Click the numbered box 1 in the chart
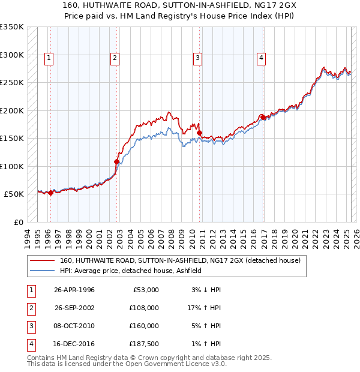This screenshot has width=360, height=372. pos(49,58)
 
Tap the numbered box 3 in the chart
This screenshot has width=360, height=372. pos(197,58)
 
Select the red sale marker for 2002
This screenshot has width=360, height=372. pos(117,161)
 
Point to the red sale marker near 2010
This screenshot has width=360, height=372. pos(200,133)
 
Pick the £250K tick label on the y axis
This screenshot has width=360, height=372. pos(12,83)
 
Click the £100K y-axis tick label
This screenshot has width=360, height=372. pos(12,166)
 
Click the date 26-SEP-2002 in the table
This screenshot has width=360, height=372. pos(75,308)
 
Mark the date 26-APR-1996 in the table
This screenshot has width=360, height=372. pos(74,290)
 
